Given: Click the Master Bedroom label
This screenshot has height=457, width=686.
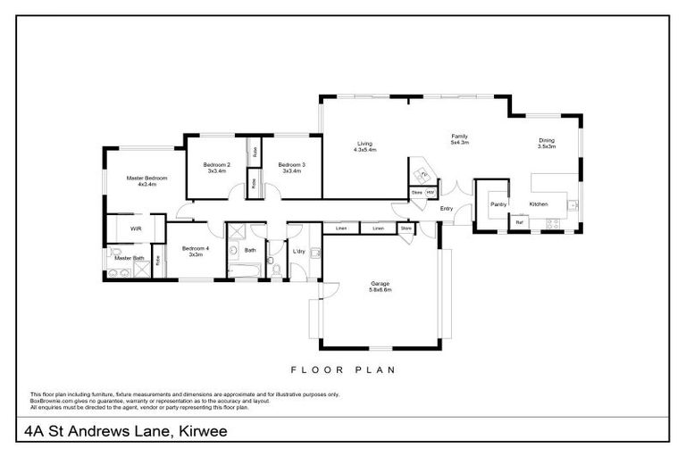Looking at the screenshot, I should tap(141, 178).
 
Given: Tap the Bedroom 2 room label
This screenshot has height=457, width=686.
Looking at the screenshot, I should tap(217, 165).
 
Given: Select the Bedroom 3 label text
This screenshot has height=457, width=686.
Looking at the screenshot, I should tap(291, 165).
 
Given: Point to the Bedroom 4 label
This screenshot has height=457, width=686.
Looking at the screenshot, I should tap(195, 249).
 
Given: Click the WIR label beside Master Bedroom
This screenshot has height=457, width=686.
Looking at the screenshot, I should tap(136, 228).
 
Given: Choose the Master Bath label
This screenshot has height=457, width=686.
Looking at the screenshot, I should tap(129, 258).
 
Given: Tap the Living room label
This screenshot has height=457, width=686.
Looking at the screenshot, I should tap(364, 144).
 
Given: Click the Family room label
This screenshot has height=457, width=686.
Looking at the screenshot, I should tap(459, 137).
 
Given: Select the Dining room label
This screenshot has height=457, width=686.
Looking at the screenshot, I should tap(547, 140).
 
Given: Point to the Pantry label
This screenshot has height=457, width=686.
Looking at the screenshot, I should tap(498, 204).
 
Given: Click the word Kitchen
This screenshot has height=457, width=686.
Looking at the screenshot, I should tap(539, 204).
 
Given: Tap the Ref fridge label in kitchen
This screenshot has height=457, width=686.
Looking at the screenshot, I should tap(519, 222).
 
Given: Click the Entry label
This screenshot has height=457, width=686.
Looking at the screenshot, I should tap(447, 209).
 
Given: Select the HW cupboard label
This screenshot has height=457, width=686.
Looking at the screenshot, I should tap(430, 193).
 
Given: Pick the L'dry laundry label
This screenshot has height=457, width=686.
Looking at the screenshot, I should tap(299, 251).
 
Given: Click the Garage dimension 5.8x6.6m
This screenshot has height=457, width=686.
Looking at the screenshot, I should tap(381, 290).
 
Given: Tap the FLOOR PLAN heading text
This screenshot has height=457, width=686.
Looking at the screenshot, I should tap(343, 369).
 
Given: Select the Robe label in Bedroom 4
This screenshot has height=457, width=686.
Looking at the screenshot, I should tap(158, 261).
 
